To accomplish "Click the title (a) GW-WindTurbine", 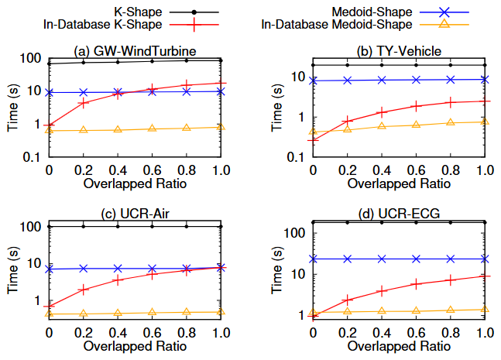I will (x=135, y=51).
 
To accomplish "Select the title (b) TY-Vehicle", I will (x=399, y=51).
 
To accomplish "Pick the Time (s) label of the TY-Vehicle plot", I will (x=276, y=105).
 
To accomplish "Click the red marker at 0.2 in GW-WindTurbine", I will (x=84, y=103).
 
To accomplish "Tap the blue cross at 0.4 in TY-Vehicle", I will (x=382, y=80).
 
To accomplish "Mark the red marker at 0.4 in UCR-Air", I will (x=118, y=279).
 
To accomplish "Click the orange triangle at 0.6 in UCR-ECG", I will (x=416, y=310).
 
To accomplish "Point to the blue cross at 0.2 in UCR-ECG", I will (x=347, y=259).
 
